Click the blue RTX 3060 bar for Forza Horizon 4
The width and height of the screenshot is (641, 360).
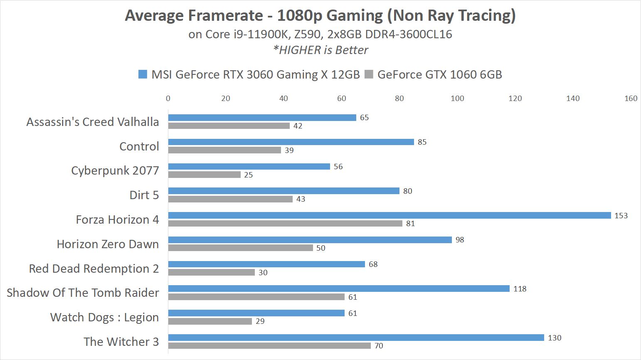(390, 215)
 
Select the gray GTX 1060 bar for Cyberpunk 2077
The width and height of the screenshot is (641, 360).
(205, 175)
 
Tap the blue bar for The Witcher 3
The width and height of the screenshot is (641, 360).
(356, 338)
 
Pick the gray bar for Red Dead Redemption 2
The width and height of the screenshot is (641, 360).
(212, 272)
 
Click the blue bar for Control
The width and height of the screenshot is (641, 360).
(291, 142)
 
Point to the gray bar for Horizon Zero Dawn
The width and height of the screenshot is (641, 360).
(241, 248)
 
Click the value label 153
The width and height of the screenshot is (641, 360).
(621, 216)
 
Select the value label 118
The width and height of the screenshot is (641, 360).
(520, 289)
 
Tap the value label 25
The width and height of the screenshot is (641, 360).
(249, 175)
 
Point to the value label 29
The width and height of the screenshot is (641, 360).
(260, 321)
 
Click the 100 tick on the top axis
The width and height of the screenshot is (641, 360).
(457, 99)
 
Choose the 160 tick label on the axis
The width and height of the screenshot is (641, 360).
(631, 99)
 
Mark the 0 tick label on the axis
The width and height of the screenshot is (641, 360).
(168, 99)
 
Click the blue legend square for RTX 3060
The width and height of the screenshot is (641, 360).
(143, 74)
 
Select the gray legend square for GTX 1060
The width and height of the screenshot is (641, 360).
(369, 74)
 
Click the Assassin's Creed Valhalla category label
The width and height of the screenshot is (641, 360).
(93, 122)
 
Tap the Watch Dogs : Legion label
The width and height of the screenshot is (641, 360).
(104, 317)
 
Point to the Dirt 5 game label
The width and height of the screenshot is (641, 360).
(144, 195)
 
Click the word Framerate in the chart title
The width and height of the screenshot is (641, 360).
(226, 15)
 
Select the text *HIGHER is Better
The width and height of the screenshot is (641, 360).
(320, 50)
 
